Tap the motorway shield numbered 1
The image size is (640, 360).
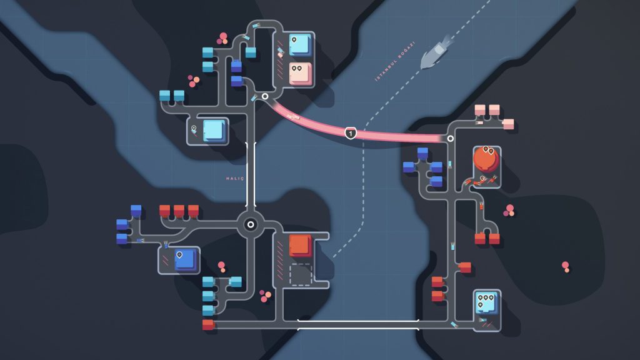point(350,133)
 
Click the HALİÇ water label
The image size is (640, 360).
point(235,179)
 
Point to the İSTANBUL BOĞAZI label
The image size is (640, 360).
point(395,61)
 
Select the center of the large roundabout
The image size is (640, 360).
point(251,224)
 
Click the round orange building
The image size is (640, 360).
point(486,159)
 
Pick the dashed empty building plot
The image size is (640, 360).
point(301,274)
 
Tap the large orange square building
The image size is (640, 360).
point(301,245)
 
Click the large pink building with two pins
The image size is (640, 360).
point(301,74)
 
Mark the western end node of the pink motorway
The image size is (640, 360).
point(265,96)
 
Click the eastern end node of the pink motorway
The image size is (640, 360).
point(450,139)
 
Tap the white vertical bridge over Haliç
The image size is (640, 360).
point(251,175)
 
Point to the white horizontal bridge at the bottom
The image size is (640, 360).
point(358,325)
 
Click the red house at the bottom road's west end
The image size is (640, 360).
point(208,325)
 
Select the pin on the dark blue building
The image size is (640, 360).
point(179,255)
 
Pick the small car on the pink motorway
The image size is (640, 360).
point(293,117)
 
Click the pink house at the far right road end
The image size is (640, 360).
point(508,124)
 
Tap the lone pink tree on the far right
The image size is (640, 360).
point(566,267)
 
